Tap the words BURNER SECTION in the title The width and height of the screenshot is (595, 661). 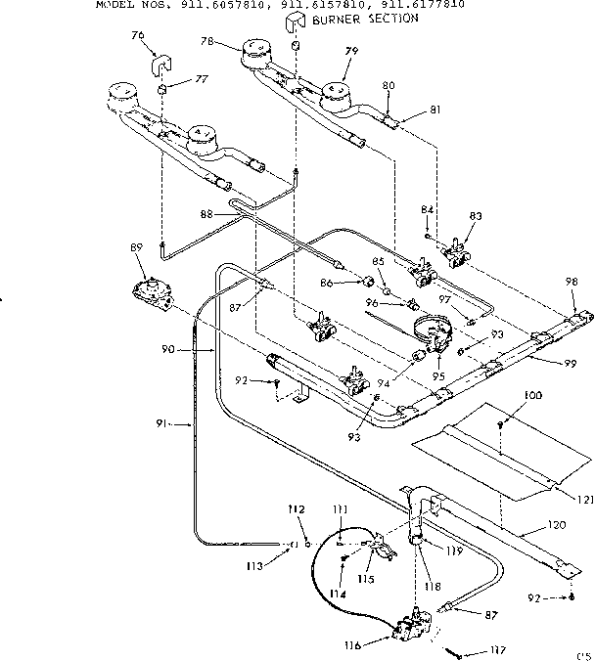click(x=364, y=18)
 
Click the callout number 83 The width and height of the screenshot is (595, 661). click(x=476, y=217)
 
